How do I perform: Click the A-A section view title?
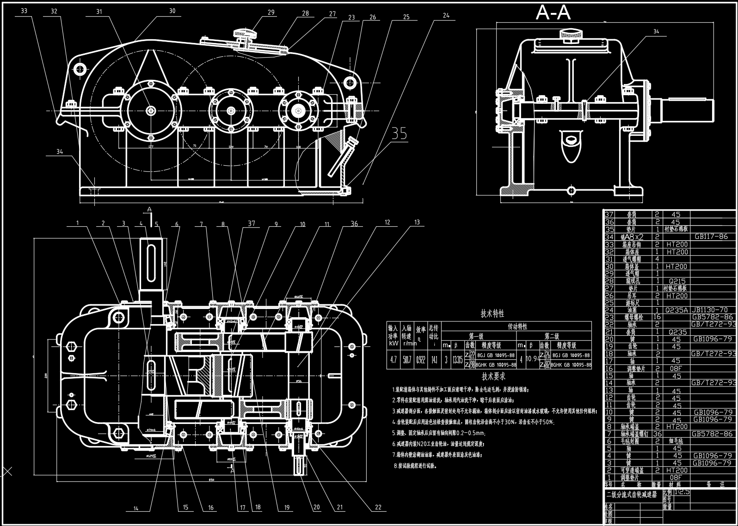tap(553, 13)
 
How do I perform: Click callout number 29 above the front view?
tap(271, 12)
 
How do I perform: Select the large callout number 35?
tap(399, 133)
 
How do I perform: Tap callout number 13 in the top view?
tap(417, 223)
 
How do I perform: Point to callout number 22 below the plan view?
tap(378, 507)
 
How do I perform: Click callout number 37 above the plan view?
tap(252, 224)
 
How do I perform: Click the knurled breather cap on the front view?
tap(245, 33)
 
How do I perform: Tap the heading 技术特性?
tap(480, 314)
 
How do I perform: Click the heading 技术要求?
tap(493, 376)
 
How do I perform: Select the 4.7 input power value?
tap(394, 360)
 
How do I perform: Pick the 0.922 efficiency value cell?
tap(421, 360)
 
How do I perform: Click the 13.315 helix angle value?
tap(457, 360)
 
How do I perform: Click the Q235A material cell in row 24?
tap(676, 310)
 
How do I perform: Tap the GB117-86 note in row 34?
tap(711, 236)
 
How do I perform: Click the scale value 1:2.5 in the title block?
tap(682, 492)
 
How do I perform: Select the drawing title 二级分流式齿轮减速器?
tap(631, 494)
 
